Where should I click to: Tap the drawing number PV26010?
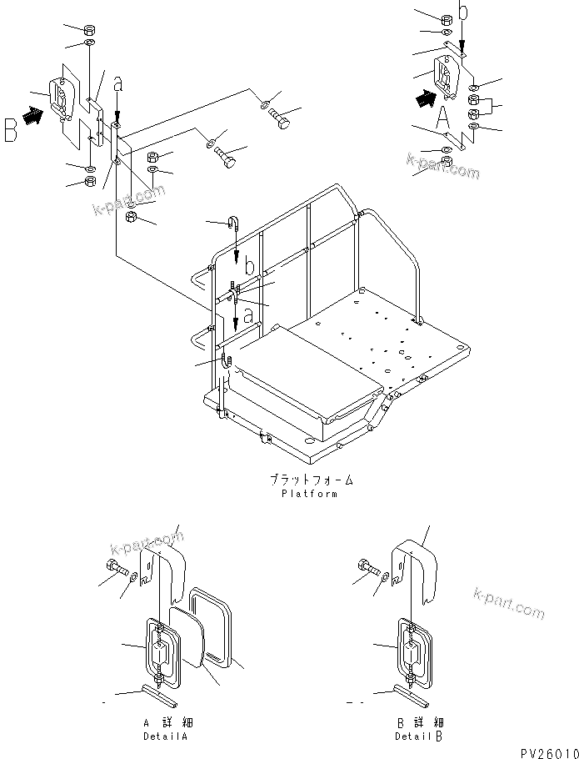(x=546, y=751)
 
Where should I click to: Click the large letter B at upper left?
(x=12, y=130)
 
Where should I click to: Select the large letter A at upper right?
(x=445, y=116)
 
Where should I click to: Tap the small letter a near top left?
(x=117, y=83)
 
